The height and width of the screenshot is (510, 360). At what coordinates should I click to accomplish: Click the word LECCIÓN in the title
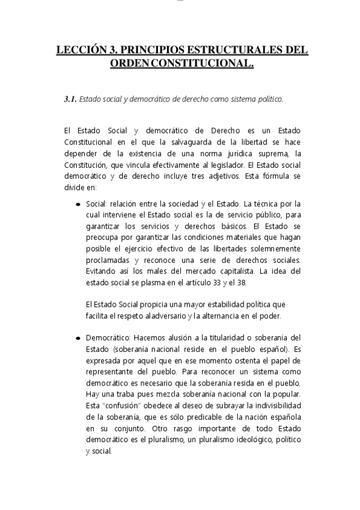(78, 51)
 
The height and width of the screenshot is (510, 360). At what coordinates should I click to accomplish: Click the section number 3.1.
(70, 99)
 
